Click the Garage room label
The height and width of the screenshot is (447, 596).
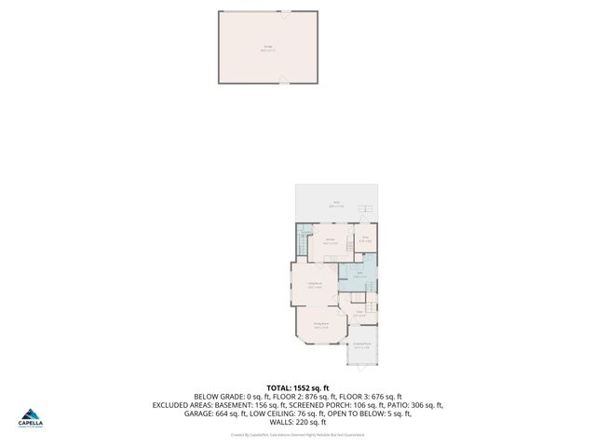(x=268, y=48)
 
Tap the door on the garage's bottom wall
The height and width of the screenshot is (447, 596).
(x=283, y=83)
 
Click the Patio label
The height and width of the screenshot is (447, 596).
(x=336, y=203)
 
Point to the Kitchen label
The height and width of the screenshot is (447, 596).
(x=331, y=241)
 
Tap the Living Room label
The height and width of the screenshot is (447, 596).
(x=315, y=285)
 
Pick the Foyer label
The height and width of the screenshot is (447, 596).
(x=359, y=314)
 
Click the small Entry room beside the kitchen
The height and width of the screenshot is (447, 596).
(x=366, y=240)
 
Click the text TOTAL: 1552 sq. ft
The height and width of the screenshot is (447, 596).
(x=298, y=387)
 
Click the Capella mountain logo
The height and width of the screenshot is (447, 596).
(x=31, y=414)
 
